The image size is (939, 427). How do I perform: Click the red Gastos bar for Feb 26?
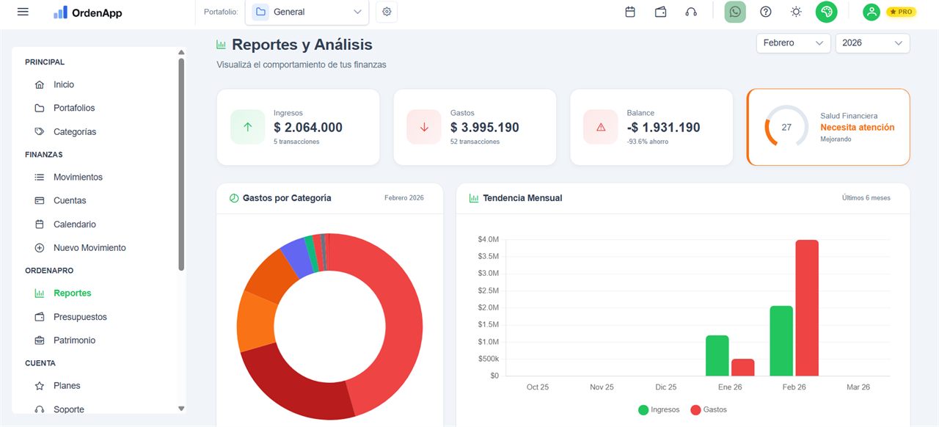806,308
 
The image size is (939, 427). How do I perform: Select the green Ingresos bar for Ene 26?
717,356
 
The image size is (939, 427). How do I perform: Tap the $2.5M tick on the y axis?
488,291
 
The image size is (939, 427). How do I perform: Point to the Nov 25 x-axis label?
602,387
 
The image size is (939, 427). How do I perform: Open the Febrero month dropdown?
793,43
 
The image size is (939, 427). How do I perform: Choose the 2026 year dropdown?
872,43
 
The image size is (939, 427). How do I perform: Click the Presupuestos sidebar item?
80,317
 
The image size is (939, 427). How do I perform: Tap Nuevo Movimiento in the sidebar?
89,248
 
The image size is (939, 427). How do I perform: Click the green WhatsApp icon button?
735,12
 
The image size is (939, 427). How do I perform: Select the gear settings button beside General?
387,12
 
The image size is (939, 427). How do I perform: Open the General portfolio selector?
307,12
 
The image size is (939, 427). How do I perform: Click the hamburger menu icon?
23,12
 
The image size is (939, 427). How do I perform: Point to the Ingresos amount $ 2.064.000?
308,127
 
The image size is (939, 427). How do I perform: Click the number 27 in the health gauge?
786,127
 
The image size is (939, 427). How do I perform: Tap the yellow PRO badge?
901,12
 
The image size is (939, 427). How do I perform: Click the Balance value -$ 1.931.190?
663,127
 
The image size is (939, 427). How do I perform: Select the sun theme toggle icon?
796,12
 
